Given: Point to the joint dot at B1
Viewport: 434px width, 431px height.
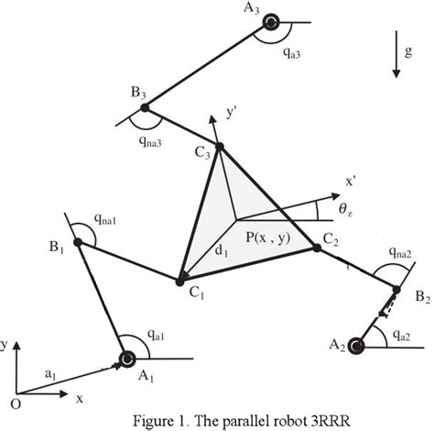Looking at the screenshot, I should [x=79, y=243].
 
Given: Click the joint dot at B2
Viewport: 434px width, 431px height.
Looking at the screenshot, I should [x=396, y=291].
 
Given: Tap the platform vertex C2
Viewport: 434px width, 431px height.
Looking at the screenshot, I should [x=317, y=246].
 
